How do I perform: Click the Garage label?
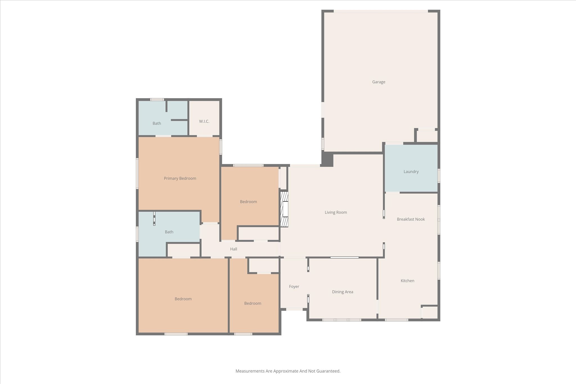(379, 82)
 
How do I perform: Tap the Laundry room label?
(411, 171)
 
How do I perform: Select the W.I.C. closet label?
(204, 121)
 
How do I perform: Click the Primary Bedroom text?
(180, 178)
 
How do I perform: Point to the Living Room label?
(336, 212)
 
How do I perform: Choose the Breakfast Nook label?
(411, 219)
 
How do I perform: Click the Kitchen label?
(407, 281)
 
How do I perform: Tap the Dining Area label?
(342, 292)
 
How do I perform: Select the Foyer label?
(294, 286)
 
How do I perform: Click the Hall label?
(233, 249)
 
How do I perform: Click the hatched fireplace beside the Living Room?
(284, 209)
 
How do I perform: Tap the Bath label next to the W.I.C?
(157, 123)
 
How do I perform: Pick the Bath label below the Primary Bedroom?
(169, 232)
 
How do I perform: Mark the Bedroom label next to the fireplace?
(248, 202)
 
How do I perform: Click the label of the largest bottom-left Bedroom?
(183, 299)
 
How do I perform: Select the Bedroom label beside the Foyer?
(253, 303)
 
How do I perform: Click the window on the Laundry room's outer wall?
(439, 176)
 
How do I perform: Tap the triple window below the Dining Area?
(341, 320)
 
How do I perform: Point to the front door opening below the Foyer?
(294, 309)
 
